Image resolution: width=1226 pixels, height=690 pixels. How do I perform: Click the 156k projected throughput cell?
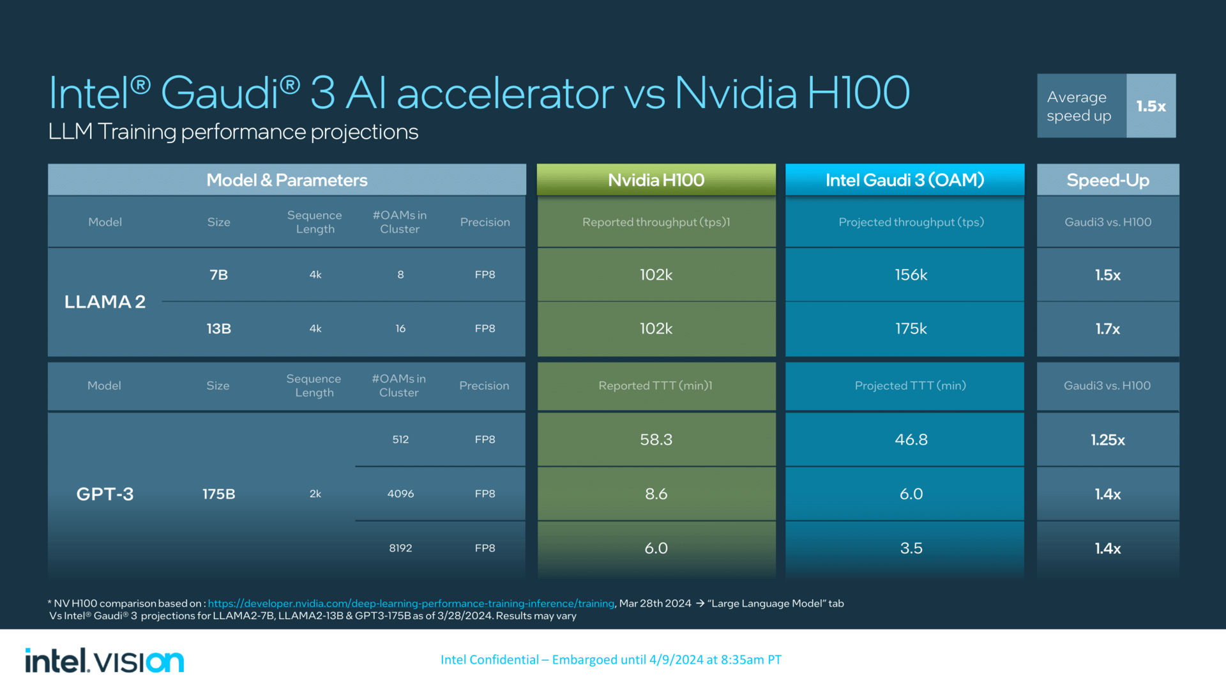911,275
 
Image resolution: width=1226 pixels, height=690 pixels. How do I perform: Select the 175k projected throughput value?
911,328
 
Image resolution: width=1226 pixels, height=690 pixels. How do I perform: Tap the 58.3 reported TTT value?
656,440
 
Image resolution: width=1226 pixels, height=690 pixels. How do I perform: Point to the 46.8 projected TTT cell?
911,440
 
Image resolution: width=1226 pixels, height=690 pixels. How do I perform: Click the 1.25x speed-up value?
1107,440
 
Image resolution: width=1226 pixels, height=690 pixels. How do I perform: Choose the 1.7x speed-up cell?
1107,328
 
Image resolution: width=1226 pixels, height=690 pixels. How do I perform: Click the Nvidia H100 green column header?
656,180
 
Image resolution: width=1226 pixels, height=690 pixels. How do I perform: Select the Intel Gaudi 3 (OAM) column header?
904,180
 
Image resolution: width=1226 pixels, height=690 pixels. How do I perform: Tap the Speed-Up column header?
1107,180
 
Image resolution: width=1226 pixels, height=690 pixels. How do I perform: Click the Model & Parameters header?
287,180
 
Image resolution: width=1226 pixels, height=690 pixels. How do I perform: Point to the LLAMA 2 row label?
105,302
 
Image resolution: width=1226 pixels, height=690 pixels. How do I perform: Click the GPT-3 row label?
105,494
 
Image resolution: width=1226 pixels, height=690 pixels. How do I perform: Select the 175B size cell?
218,494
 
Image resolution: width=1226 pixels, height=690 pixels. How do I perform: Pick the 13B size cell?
218,328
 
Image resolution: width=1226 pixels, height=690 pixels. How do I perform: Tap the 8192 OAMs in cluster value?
400,548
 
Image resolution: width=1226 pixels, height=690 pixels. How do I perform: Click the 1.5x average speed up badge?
1151,106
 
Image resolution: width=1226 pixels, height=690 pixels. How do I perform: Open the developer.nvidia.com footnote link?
411,603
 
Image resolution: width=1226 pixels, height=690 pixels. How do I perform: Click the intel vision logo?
105,661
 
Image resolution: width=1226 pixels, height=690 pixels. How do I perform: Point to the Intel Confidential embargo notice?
610,659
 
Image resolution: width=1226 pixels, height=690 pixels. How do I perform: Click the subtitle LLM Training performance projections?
233,132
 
